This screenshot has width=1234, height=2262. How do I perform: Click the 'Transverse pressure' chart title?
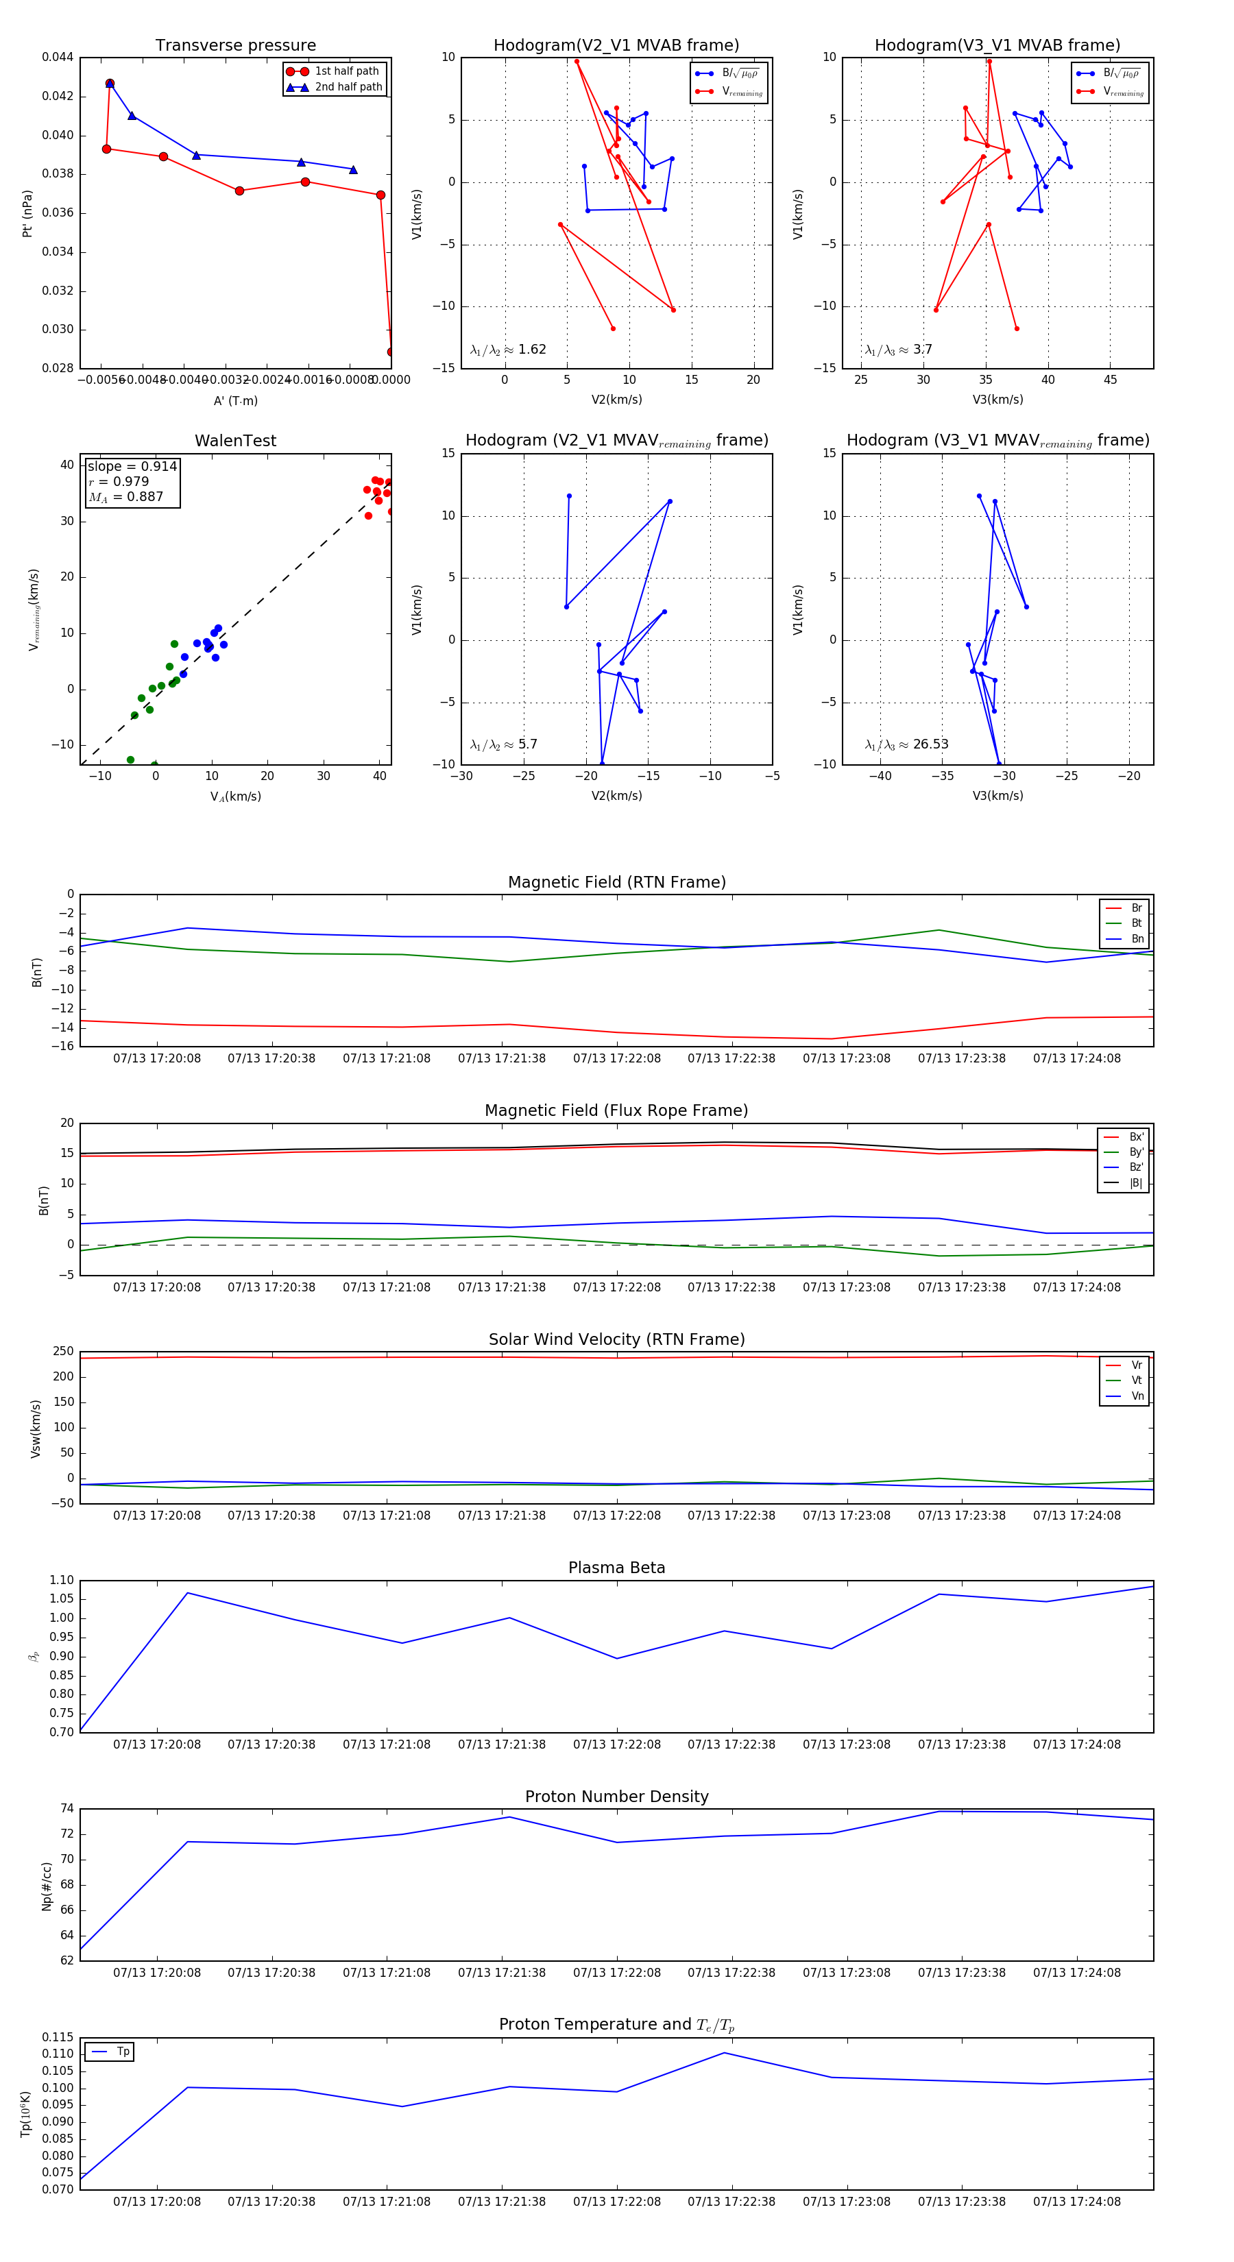point(235,46)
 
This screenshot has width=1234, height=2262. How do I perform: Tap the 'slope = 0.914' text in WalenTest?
point(132,466)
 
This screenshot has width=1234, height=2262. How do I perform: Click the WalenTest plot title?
point(235,441)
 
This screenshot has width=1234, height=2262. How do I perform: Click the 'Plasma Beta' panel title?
point(616,1568)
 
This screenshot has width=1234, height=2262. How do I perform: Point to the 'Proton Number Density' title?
point(616,1797)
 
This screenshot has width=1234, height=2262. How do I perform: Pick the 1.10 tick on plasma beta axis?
point(62,1581)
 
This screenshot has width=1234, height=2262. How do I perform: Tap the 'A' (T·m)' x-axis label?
point(235,400)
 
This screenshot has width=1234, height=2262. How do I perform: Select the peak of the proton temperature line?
point(725,2053)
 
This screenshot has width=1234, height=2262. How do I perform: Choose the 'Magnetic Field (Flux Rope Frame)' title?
point(616,1111)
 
